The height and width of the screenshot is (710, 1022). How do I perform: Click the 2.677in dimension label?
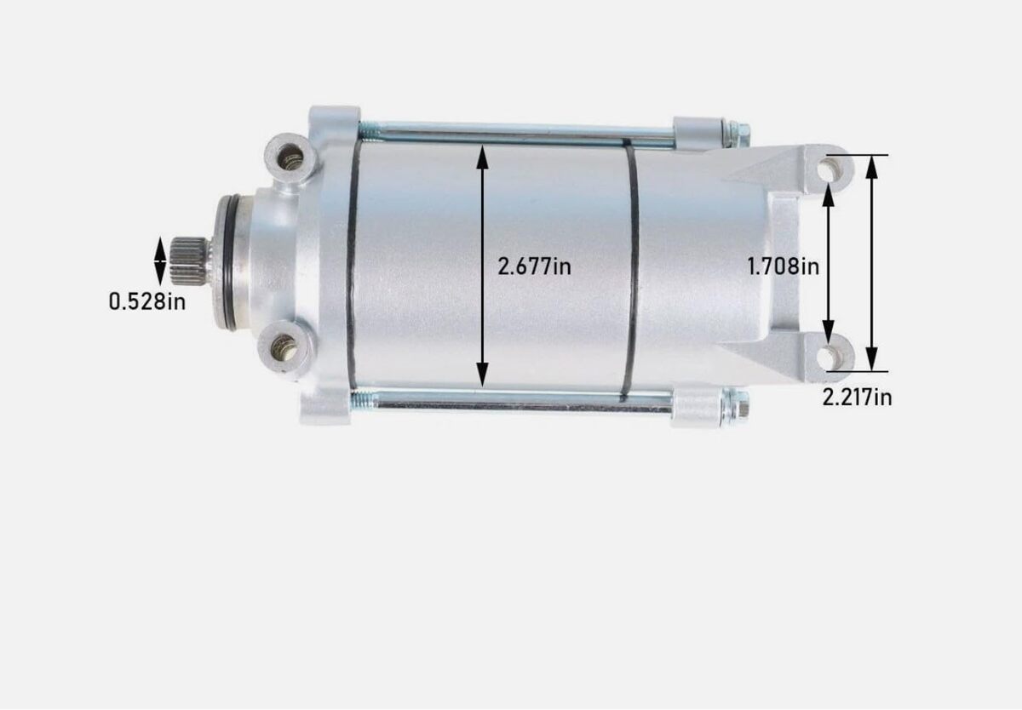click(534, 266)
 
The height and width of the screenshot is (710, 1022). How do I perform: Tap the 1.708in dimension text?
click(783, 266)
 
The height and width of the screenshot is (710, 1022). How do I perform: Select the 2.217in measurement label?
click(857, 398)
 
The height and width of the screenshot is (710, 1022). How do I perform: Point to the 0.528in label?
click(147, 301)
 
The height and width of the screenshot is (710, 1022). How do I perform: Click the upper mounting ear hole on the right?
click(828, 170)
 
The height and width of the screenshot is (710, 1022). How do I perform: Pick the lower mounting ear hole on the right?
click(828, 357)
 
